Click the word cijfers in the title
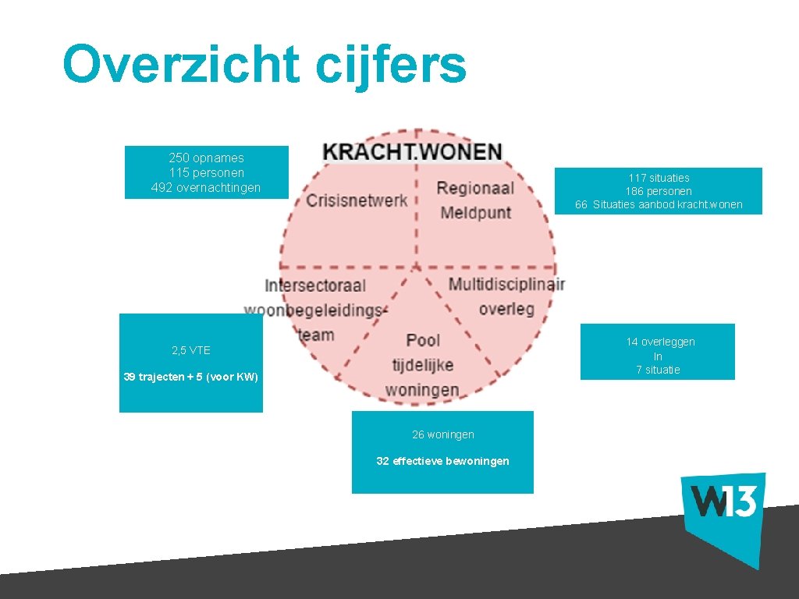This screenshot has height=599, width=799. pyautogui.click(x=391, y=66)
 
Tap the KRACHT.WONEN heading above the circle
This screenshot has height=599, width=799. pyautogui.click(x=413, y=151)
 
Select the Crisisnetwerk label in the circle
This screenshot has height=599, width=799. pyautogui.click(x=357, y=200)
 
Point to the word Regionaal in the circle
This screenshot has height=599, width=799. pyautogui.click(x=475, y=188)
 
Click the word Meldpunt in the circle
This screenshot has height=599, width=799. pyautogui.click(x=476, y=211)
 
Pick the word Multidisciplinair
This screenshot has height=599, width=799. pyautogui.click(x=506, y=283)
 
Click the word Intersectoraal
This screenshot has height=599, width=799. pyautogui.click(x=315, y=285)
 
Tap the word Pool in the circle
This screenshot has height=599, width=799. pyautogui.click(x=423, y=340)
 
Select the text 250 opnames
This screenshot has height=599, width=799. pyautogui.click(x=206, y=158)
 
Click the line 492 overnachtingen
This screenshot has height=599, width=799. pyautogui.click(x=206, y=187)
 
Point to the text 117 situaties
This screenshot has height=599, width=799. pyautogui.click(x=659, y=178)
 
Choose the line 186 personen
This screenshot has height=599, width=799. pyautogui.click(x=659, y=191)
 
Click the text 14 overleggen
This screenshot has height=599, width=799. pyautogui.click(x=660, y=342)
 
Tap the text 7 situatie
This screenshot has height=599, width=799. pyautogui.click(x=658, y=370)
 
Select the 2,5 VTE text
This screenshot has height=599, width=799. pyautogui.click(x=191, y=350)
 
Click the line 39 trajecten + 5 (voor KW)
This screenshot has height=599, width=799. pyautogui.click(x=190, y=377)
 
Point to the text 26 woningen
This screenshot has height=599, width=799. pyautogui.click(x=442, y=434)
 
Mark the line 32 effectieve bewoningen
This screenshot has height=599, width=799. pyautogui.click(x=442, y=461)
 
